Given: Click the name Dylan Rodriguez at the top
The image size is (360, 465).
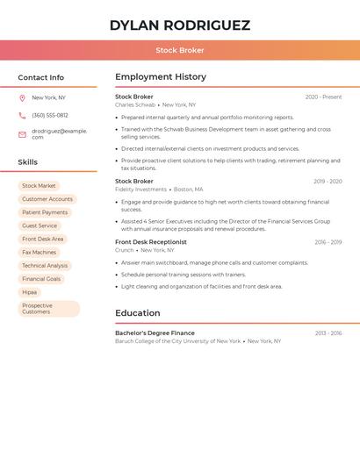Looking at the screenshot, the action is coord(180,25).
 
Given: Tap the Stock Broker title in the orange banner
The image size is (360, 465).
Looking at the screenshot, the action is coord(180,50).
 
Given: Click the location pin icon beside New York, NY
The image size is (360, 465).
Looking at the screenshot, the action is coord(22,97).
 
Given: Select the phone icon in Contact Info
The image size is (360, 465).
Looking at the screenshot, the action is coord(22,115).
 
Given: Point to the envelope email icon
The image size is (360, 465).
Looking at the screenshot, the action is coord(22,134).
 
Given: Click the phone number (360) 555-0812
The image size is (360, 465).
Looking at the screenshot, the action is coord(50,115).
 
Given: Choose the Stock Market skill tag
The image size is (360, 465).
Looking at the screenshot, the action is coord(39,186).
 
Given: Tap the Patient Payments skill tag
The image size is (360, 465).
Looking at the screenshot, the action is coord(45,212).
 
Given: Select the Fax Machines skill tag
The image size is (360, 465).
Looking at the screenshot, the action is coord(39,252).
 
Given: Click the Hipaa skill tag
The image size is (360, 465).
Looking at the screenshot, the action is coord(30,292).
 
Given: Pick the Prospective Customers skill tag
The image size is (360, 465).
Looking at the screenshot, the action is coord(48,309).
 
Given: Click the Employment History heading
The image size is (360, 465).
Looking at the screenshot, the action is coord(161,77).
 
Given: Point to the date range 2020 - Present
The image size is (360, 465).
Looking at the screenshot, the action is coord(323,97).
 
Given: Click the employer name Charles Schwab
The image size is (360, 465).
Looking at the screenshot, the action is coord(135,104).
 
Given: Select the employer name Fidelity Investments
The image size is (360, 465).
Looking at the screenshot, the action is coord(140,189).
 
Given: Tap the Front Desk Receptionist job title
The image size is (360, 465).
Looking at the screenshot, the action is coord(151,242).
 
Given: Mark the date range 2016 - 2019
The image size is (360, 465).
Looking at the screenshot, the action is coord(328,242).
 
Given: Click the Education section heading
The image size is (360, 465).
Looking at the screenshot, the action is coord(138,313).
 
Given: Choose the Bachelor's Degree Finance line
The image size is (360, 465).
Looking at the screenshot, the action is coord(155,333).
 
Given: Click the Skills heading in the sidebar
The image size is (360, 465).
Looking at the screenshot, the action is coord(28,162).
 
